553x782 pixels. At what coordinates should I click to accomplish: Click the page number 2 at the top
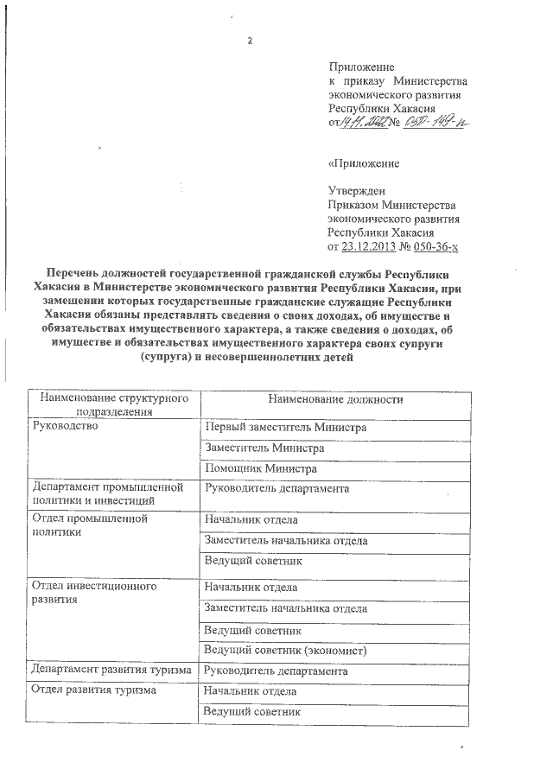[249, 42]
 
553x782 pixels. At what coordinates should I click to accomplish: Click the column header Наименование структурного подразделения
[111, 405]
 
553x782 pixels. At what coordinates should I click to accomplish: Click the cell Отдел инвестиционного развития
[92, 593]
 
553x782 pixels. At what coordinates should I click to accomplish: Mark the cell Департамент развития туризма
[111, 671]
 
